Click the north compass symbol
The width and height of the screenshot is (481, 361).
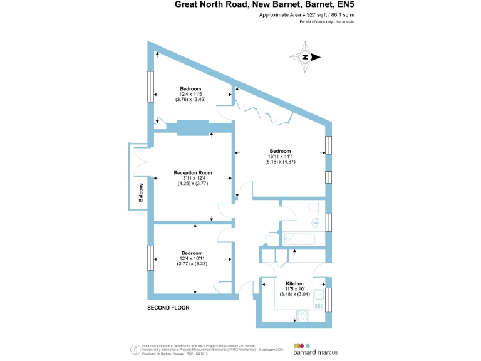pos(306,57)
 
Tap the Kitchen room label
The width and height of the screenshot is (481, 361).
pos(294,284)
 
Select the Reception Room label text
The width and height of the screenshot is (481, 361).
pos(192,173)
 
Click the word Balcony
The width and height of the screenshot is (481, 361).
pos(141,192)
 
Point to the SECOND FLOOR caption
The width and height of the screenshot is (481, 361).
pos(168,308)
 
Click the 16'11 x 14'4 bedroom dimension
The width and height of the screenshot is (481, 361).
pos(280,157)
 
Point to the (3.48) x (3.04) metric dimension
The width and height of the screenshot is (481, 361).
pos(294,295)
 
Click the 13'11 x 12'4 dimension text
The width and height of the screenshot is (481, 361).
pos(192,179)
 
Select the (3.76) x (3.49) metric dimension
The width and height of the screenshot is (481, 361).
pos(191,99)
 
